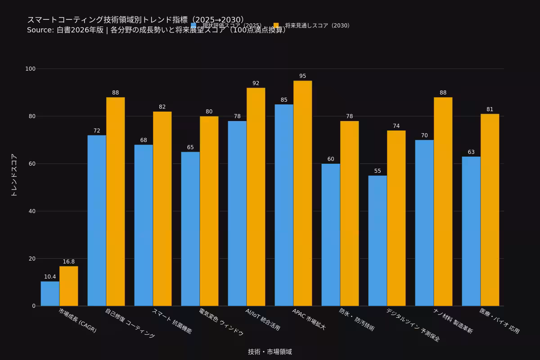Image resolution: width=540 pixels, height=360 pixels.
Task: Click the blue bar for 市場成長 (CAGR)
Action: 50,294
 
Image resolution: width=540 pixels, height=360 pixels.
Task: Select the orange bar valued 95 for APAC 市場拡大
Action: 302,193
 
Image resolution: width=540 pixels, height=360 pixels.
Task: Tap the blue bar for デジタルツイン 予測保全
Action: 378,241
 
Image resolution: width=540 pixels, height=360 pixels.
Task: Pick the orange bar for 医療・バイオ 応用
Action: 490,210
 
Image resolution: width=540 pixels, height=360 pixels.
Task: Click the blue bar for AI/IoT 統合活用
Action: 237,214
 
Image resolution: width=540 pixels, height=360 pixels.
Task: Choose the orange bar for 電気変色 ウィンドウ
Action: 209,211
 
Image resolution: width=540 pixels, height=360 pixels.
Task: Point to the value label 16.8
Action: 69,262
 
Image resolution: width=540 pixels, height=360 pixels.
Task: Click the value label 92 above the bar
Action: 256,83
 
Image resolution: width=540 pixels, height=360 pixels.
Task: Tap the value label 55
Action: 378,171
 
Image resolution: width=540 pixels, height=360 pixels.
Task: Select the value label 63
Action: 471,152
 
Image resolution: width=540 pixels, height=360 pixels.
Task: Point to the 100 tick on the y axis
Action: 31,69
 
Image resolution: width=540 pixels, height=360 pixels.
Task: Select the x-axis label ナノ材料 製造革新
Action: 453,320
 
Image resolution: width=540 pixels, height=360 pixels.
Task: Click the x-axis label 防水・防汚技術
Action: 357,319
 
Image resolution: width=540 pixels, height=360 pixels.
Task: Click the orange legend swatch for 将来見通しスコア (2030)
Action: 276,26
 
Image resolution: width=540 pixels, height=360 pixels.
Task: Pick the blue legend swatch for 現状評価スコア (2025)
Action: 194,26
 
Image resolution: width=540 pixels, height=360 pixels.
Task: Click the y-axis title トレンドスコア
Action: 14,175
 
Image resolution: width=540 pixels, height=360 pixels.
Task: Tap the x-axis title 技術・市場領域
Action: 270,352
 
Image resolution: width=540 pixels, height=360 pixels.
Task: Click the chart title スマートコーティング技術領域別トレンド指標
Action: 135,20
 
